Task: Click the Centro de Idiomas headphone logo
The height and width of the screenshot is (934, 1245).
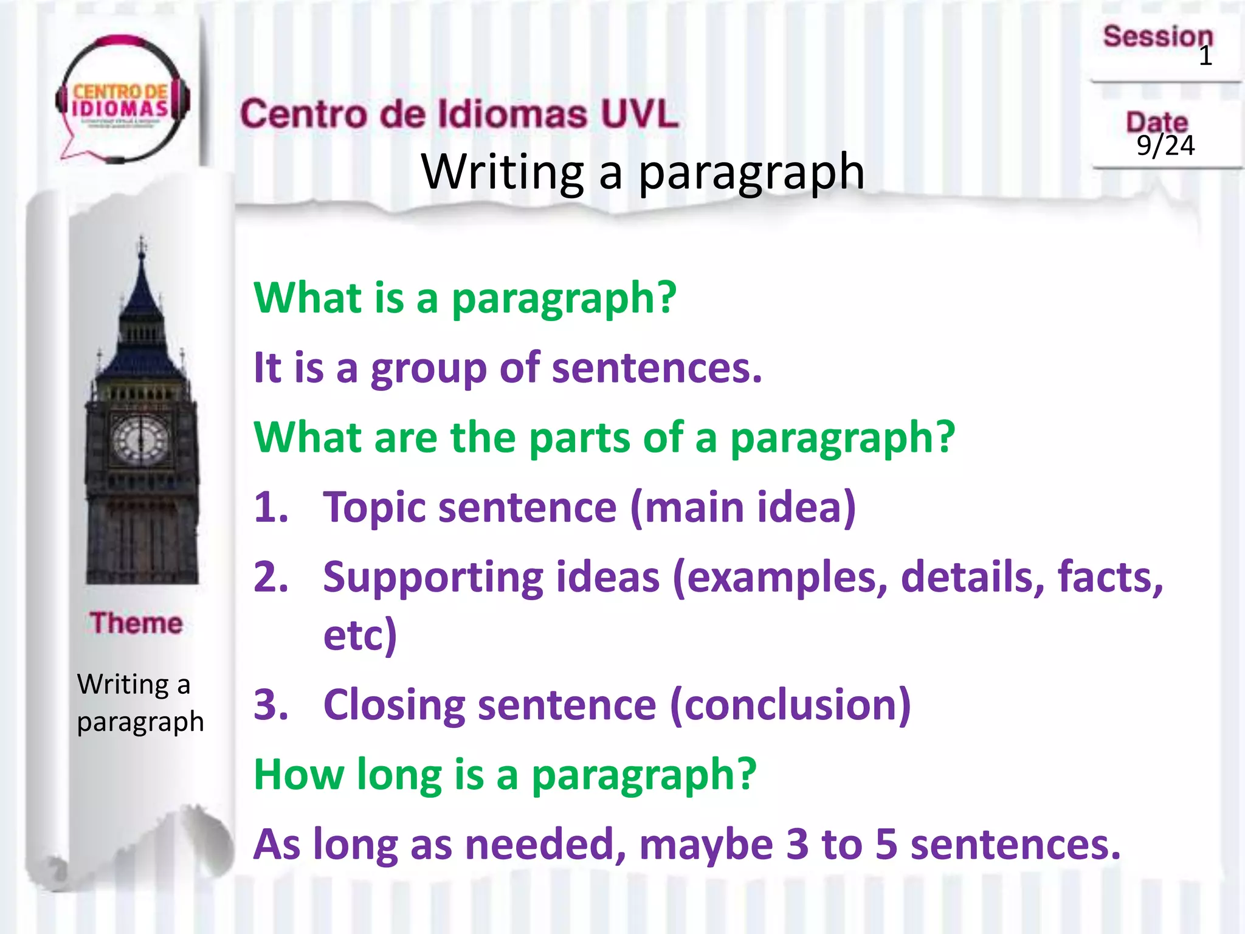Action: coord(122,100)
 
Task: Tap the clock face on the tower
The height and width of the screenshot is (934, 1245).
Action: coord(141,440)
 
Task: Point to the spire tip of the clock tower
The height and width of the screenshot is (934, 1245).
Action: coord(142,241)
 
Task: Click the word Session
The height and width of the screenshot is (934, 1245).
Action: coord(1157,36)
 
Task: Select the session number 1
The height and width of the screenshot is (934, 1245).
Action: coord(1205,57)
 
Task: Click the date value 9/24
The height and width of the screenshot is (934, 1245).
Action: coord(1165,146)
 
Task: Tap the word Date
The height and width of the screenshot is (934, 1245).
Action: coord(1156,122)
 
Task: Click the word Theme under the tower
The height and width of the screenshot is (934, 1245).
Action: coord(137,623)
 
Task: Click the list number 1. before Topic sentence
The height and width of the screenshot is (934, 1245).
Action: coord(271,507)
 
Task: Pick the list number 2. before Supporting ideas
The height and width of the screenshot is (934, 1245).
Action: coord(271,577)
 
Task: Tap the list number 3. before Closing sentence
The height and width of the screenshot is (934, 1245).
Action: coord(271,705)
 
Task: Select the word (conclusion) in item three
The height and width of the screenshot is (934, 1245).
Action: coord(790,705)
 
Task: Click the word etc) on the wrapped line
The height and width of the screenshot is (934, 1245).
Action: coord(360,635)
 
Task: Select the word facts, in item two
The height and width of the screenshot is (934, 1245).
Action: coord(1110,577)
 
